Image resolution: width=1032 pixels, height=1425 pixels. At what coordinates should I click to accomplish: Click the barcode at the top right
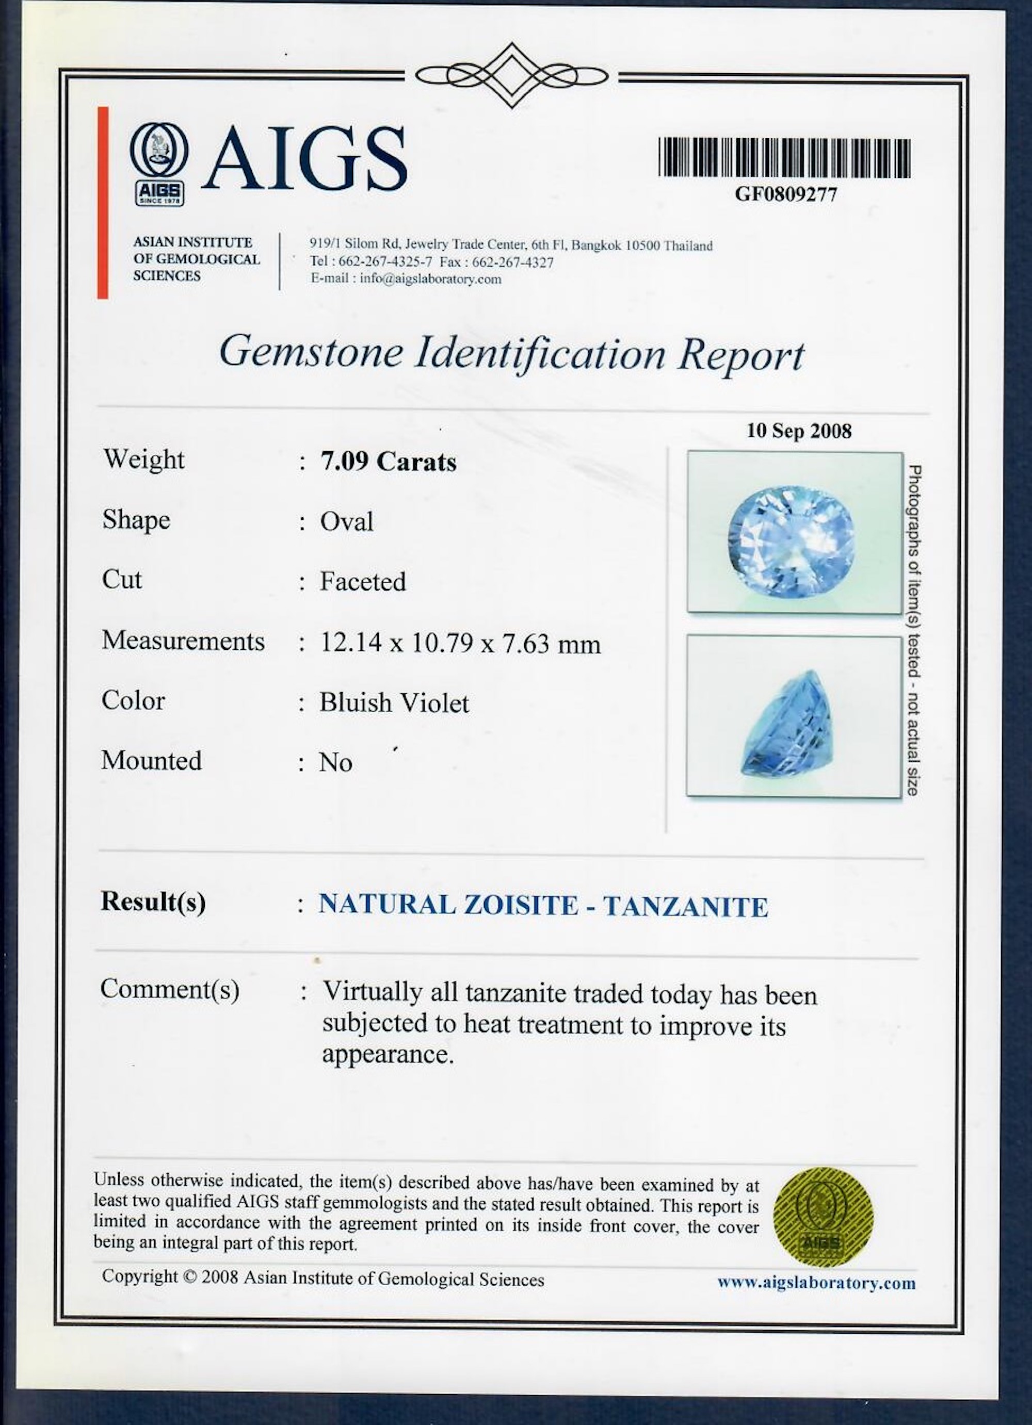click(x=784, y=158)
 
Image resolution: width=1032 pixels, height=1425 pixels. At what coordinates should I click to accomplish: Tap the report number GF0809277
click(x=786, y=195)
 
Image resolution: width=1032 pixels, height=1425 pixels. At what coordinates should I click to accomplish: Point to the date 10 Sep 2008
click(x=798, y=431)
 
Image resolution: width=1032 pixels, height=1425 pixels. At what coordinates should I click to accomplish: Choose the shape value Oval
click(x=347, y=521)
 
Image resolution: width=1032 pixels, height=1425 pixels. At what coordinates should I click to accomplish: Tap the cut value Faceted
click(x=363, y=582)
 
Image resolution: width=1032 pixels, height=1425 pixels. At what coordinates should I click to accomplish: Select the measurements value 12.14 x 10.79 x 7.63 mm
click(x=461, y=643)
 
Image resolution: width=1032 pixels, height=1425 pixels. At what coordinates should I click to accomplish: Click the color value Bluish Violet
click(x=394, y=703)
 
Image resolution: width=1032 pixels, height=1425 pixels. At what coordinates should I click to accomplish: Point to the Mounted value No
click(x=335, y=763)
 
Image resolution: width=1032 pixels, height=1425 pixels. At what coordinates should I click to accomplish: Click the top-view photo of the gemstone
click(x=795, y=532)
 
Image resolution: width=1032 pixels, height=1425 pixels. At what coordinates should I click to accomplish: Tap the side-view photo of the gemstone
click(x=795, y=716)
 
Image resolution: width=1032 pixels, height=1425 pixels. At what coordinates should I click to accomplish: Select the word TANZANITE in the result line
click(x=685, y=907)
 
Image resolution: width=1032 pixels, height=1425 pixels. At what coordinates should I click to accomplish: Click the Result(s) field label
click(x=153, y=902)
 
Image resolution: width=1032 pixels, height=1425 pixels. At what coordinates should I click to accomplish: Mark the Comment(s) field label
click(x=170, y=990)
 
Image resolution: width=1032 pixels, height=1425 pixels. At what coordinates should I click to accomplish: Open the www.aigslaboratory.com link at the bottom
click(x=816, y=1284)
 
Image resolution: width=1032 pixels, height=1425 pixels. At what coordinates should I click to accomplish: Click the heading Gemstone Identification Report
click(x=511, y=353)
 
